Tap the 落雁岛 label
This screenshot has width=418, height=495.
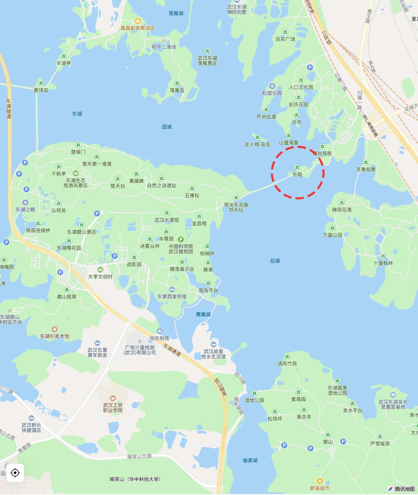[177, 90]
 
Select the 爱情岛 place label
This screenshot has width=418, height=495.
[41, 90]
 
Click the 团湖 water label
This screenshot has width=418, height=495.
[167, 127]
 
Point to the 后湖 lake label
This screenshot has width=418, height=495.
[275, 261]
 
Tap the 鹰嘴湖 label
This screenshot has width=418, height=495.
[203, 314]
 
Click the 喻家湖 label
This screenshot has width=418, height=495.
[250, 460]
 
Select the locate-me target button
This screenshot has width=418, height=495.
[15, 472]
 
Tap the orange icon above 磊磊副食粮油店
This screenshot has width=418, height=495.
[137, 21]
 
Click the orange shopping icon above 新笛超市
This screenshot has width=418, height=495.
[320, 481]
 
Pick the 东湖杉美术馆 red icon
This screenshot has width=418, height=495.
[55, 329]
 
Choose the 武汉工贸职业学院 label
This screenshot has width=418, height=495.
[113, 408]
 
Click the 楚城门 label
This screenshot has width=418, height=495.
[78, 152]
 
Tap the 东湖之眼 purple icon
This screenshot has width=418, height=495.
[25, 202]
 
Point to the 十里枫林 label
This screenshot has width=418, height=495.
[383, 263]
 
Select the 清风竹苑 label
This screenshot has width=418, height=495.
[287, 364]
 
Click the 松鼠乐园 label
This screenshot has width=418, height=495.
[272, 93]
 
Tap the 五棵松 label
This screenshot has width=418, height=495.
[192, 195]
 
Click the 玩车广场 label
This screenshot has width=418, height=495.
[285, 39]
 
